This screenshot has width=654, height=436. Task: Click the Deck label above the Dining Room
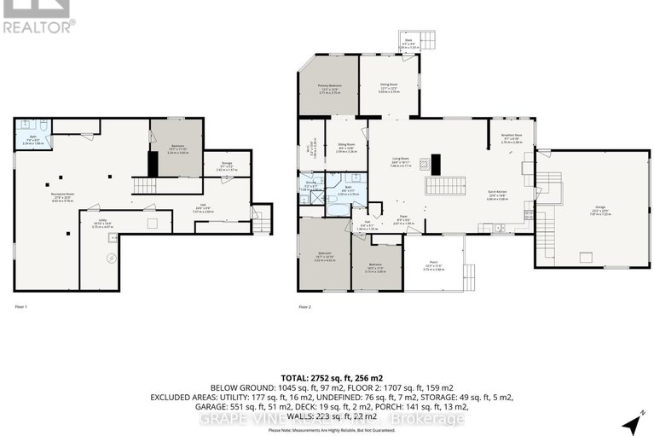(x=408, y=42)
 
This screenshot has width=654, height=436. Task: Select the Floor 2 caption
(x=304, y=305)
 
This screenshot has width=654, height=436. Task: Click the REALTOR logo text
(x=38, y=26)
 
